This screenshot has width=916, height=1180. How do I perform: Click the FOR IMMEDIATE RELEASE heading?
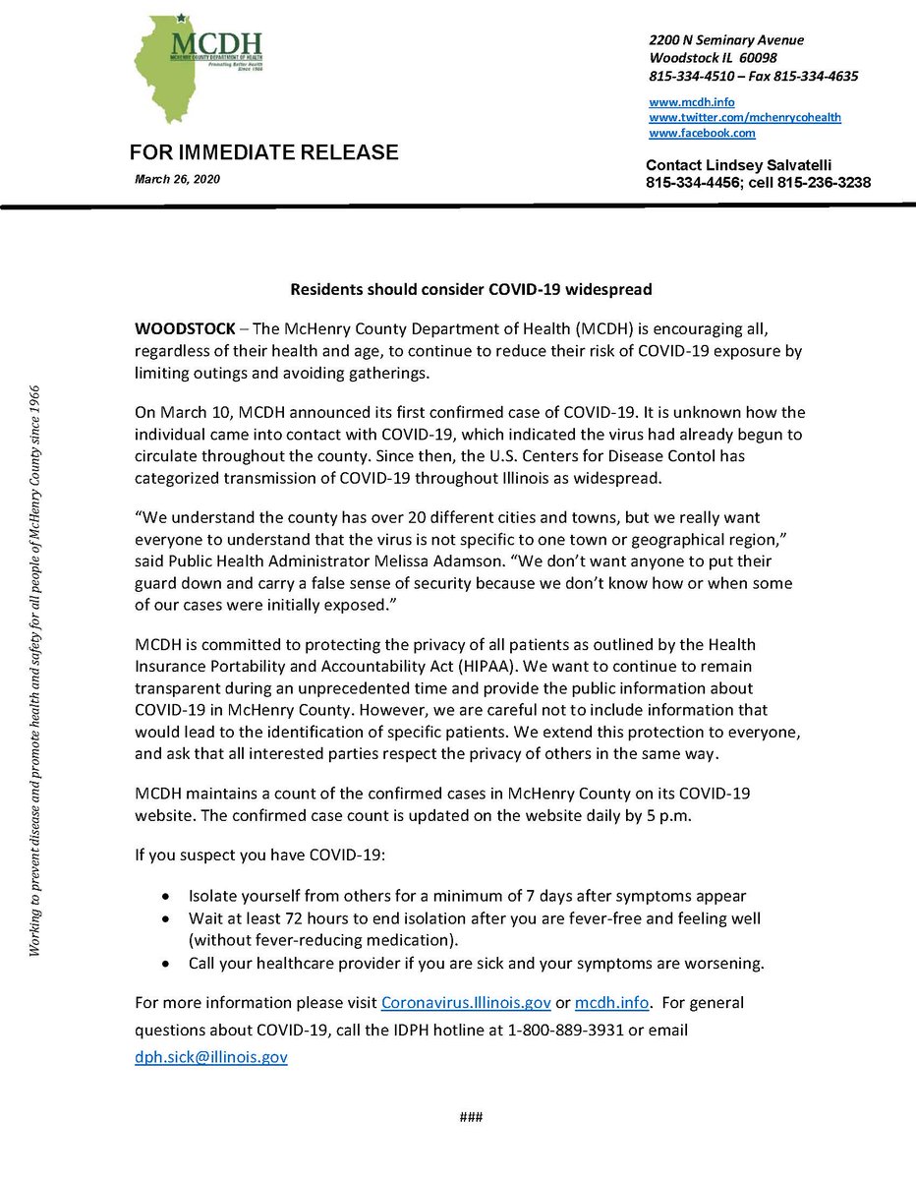pos(264,152)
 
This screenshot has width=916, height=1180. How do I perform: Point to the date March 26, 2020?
pos(178,179)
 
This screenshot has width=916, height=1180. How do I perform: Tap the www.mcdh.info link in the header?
pos(691,102)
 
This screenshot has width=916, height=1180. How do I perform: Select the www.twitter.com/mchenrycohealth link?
pos(744,117)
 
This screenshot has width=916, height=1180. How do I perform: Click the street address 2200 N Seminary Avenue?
pos(726,40)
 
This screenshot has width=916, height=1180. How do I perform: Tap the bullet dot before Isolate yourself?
pos(165,897)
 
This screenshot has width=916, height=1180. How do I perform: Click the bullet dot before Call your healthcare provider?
pos(165,963)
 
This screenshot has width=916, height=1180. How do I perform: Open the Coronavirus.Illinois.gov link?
pos(466,1003)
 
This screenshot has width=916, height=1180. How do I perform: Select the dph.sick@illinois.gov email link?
pos(211,1058)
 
